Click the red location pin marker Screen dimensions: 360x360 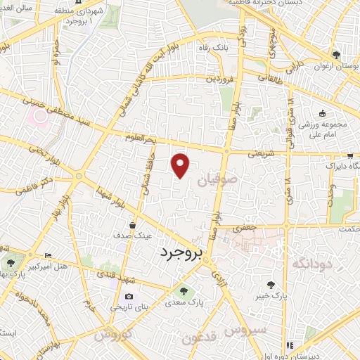point(181,165)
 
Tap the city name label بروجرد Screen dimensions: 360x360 point(180,252)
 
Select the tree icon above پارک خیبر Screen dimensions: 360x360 point(271,285)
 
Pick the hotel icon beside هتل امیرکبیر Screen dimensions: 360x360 point(48,255)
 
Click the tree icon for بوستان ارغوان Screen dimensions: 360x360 point(337,55)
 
